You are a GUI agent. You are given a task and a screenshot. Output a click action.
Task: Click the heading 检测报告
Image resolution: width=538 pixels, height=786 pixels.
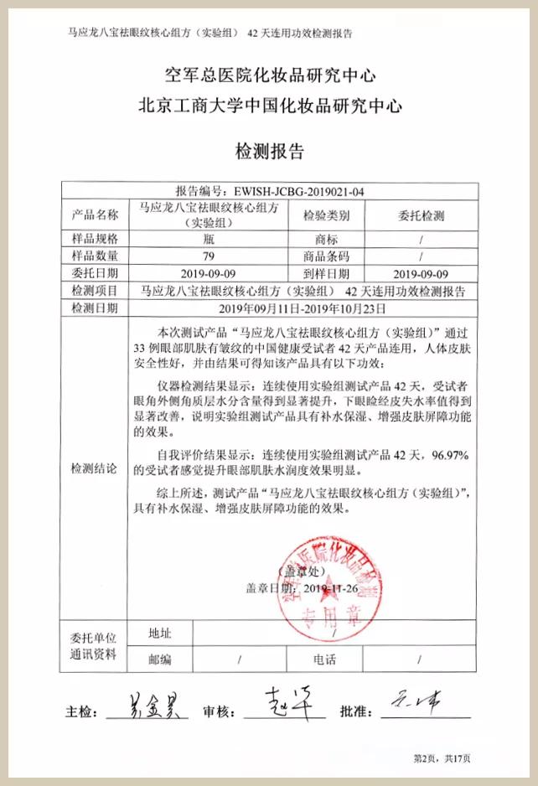click(268, 153)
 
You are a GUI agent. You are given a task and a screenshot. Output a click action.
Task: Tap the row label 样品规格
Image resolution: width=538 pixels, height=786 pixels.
click(96, 239)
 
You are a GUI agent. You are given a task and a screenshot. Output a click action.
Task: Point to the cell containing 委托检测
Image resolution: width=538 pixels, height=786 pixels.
click(422, 215)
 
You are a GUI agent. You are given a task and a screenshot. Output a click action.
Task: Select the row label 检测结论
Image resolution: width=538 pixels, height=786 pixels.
click(96, 467)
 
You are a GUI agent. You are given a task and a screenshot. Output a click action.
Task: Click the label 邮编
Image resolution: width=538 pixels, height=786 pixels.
click(160, 659)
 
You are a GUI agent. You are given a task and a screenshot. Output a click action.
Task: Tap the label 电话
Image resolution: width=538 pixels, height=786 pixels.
click(325, 659)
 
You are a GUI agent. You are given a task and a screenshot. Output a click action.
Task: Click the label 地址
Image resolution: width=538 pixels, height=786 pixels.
click(160, 633)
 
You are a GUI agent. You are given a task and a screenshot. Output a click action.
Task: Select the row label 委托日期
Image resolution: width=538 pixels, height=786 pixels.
click(96, 273)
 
